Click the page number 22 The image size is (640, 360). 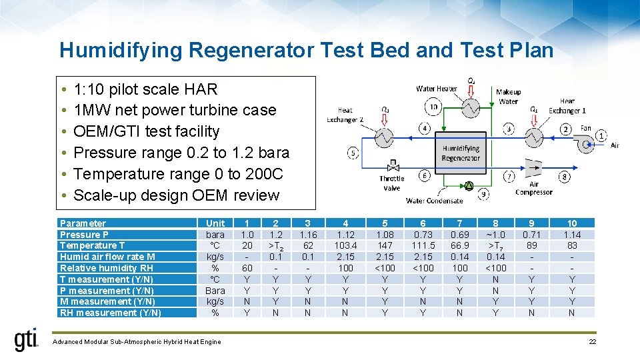point(592,342)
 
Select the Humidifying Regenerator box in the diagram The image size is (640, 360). point(460,153)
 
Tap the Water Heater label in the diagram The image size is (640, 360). point(437,89)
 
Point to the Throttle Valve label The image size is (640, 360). point(391,182)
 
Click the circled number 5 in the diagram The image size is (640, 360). point(353,153)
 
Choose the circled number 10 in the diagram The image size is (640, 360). point(433,107)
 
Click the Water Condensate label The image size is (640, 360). point(434,200)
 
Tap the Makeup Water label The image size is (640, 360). point(508,97)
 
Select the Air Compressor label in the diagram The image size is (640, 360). point(533,188)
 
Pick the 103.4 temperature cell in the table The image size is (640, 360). point(345,245)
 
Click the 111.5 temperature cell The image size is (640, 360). point(423,245)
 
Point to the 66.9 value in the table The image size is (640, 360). point(460,245)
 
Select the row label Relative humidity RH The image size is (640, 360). point(107,268)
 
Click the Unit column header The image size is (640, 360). point(215,223)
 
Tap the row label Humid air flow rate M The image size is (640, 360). point(107,257)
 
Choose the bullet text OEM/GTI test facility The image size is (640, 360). point(146,131)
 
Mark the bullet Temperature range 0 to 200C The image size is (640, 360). point(178,174)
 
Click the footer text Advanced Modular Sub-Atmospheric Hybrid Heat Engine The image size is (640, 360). point(136,342)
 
